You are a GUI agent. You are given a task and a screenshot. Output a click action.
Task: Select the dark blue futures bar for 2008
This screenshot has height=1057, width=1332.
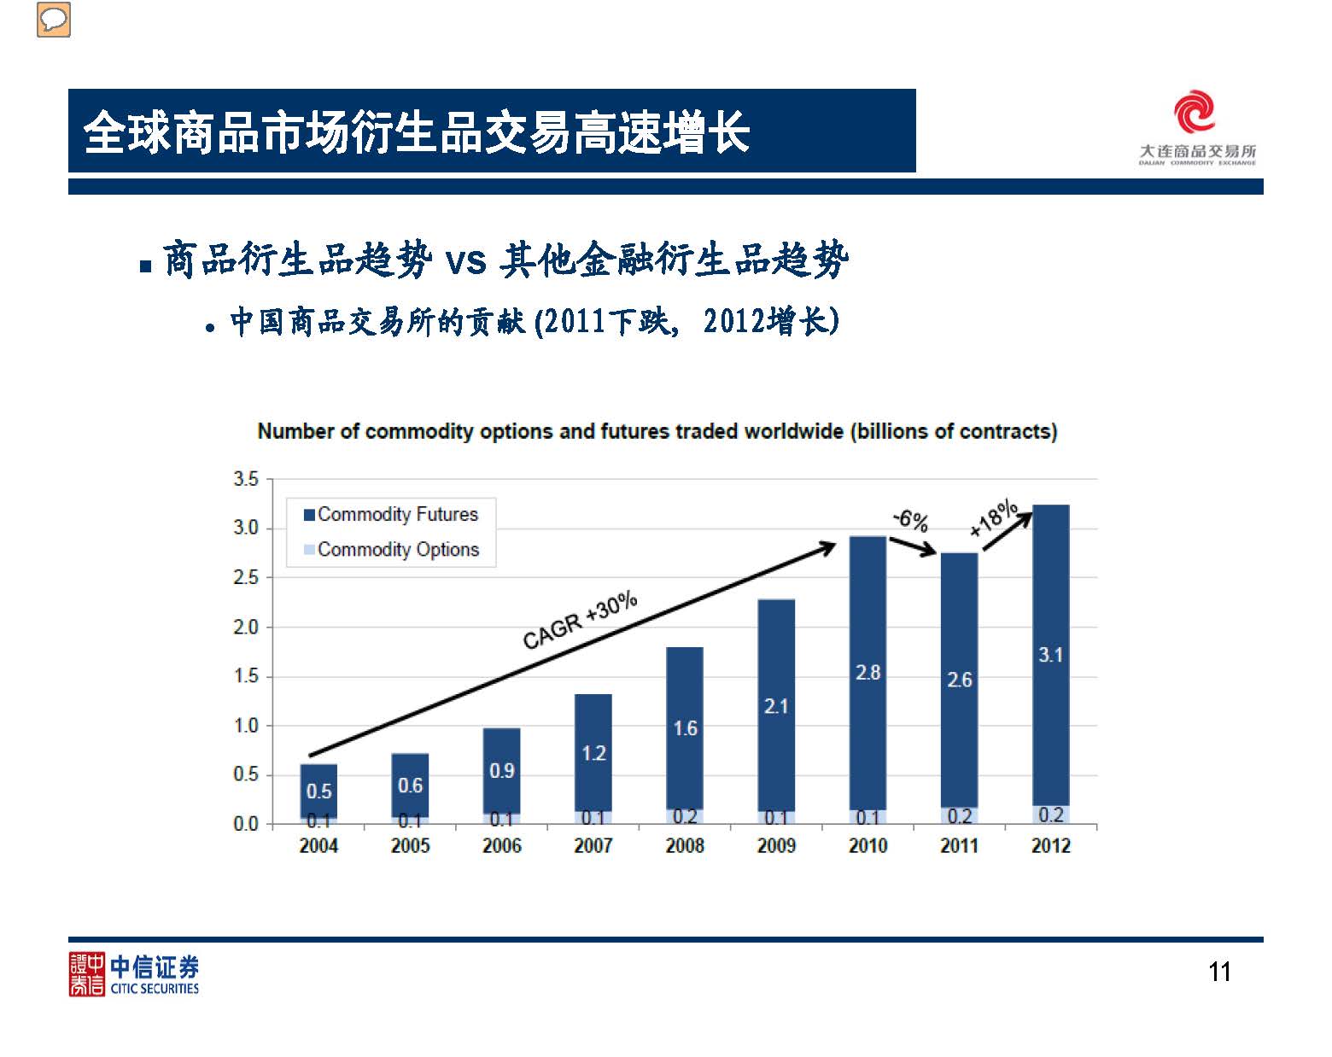click(x=685, y=683)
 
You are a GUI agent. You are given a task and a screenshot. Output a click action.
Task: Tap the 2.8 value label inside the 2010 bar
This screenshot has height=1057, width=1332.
click(x=868, y=673)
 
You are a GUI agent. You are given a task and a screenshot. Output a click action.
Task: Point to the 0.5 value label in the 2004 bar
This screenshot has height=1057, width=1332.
click(x=318, y=791)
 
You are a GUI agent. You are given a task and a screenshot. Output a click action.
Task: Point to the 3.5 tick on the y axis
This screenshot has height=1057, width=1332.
click(x=246, y=480)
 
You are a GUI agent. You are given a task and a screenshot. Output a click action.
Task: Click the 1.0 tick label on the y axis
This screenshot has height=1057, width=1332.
click(x=246, y=726)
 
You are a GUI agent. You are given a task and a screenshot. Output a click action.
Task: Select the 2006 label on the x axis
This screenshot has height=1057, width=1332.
click(x=501, y=846)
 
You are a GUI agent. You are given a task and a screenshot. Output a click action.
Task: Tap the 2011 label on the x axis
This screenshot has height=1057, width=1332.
click(x=959, y=846)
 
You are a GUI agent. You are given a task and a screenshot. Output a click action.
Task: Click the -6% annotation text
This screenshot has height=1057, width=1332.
click(x=910, y=519)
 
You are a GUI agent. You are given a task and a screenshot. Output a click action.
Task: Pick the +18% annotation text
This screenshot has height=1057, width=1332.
click(x=994, y=518)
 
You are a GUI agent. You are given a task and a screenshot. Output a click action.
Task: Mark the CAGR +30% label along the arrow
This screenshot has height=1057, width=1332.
click(x=580, y=619)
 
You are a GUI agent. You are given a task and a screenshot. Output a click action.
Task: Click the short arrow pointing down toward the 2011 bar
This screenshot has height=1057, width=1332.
click(x=913, y=546)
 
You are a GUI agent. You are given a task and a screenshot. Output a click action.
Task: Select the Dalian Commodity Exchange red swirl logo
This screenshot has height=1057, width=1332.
click(x=1194, y=113)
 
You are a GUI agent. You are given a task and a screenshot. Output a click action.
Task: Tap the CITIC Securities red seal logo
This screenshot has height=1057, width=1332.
click(x=86, y=974)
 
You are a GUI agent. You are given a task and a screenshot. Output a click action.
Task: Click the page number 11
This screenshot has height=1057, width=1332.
click(x=1219, y=972)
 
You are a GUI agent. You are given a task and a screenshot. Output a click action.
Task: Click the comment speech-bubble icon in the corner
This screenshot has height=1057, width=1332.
click(x=54, y=20)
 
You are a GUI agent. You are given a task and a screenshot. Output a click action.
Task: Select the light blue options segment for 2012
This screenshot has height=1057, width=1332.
click(x=1051, y=815)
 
